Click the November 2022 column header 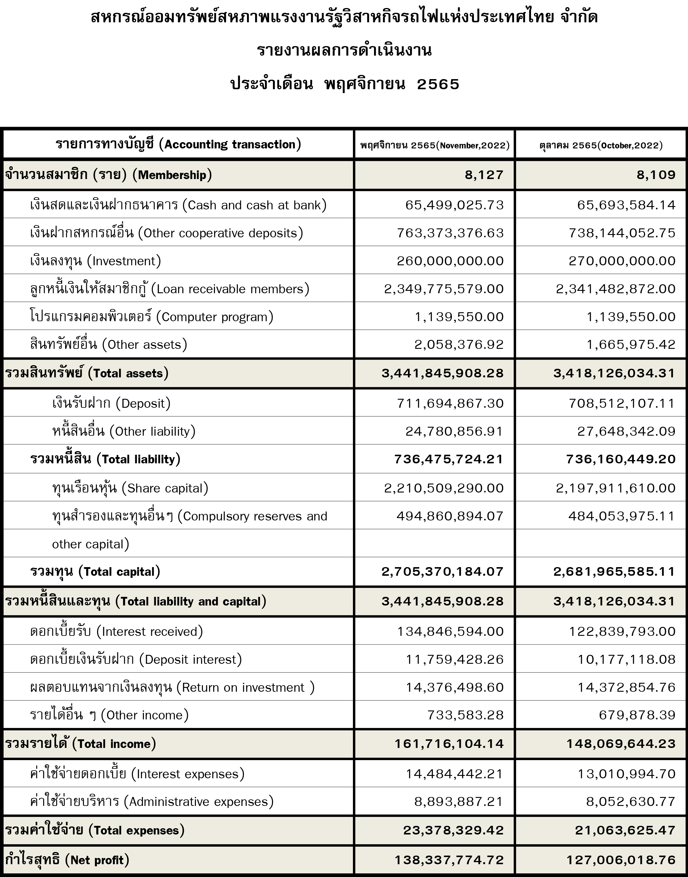click(435, 145)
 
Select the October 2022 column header click(601, 145)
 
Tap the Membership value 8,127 click(484, 175)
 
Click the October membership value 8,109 click(656, 175)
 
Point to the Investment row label click(95, 261)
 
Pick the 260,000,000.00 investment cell click(450, 261)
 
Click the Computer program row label click(151, 317)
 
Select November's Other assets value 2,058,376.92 click(459, 344)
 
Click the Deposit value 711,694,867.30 click(450, 403)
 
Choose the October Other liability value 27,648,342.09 click(626, 432)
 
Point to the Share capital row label click(130, 488)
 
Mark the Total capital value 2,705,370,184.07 click(442, 572)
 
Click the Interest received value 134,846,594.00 click(450, 631)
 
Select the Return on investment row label click(172, 687)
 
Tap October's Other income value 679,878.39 click(637, 715)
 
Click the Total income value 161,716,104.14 click(449, 744)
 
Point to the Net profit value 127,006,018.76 click(621, 860)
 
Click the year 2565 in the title click(438, 84)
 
